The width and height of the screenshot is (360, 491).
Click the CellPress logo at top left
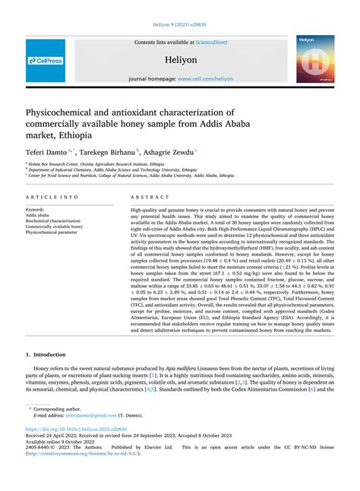pos(45,60)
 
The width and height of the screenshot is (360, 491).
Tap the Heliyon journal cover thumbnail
pos(314,59)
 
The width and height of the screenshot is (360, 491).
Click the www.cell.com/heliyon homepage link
pos(204,78)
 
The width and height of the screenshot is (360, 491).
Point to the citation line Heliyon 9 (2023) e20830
pos(180,26)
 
